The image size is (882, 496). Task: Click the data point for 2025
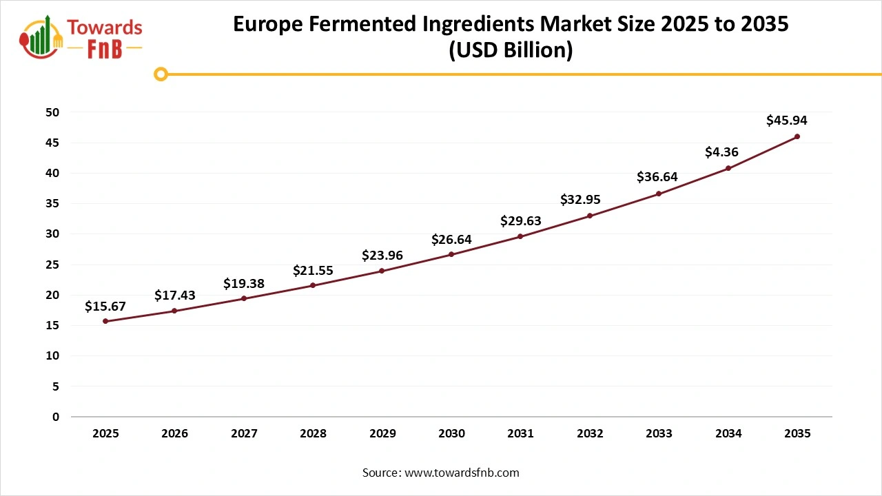(105, 321)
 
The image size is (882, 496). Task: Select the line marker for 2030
(451, 254)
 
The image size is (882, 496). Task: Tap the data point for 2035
(797, 136)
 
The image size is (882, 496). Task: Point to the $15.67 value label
(105, 307)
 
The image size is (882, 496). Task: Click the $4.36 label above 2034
(721, 152)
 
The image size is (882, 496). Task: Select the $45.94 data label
(786, 121)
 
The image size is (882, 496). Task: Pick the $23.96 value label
(382, 256)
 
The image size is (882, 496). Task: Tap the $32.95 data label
(580, 200)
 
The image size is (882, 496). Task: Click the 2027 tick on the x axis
(244, 433)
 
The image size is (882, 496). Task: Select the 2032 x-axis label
(590, 433)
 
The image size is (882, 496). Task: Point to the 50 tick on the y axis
(54, 112)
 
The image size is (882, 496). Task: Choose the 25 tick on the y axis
(54, 265)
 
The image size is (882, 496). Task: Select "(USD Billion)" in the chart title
(511, 51)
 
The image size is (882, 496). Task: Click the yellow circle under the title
(161, 74)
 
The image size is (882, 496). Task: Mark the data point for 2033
(659, 194)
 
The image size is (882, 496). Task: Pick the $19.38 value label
(244, 284)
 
